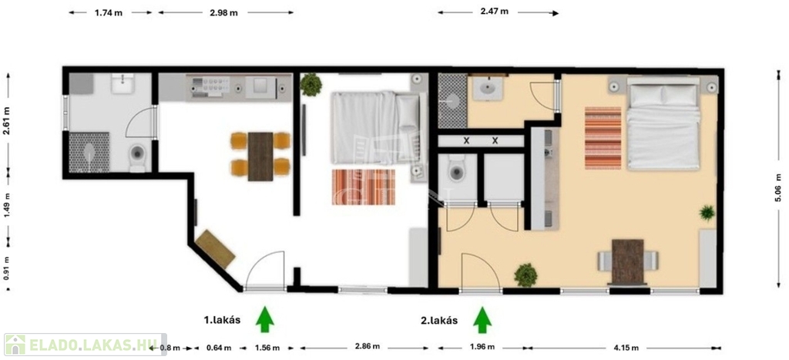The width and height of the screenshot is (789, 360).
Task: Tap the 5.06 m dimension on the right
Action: [x=779, y=188]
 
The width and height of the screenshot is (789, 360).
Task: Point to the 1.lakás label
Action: [x=222, y=320]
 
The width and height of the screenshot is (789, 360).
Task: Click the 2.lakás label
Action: [x=439, y=320]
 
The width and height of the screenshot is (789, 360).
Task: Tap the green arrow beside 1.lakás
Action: [x=265, y=320]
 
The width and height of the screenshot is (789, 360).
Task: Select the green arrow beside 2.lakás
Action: [x=482, y=320]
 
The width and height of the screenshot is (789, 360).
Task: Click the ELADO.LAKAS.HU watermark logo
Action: [x=85, y=345]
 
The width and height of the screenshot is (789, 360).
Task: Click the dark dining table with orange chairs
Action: [x=260, y=156]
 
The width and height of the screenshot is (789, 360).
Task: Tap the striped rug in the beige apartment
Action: [x=603, y=137]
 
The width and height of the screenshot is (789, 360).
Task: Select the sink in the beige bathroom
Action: [x=488, y=89]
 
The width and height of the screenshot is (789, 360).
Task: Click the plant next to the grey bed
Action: [x=311, y=85]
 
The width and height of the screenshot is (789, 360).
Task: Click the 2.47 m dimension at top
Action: [x=494, y=11]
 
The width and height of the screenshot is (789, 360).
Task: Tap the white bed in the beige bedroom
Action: [x=663, y=123]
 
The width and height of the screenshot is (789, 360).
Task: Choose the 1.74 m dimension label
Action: [x=108, y=13]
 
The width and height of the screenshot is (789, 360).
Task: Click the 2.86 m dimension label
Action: [x=365, y=347]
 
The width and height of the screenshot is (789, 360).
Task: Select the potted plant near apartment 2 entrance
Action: [x=525, y=275]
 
